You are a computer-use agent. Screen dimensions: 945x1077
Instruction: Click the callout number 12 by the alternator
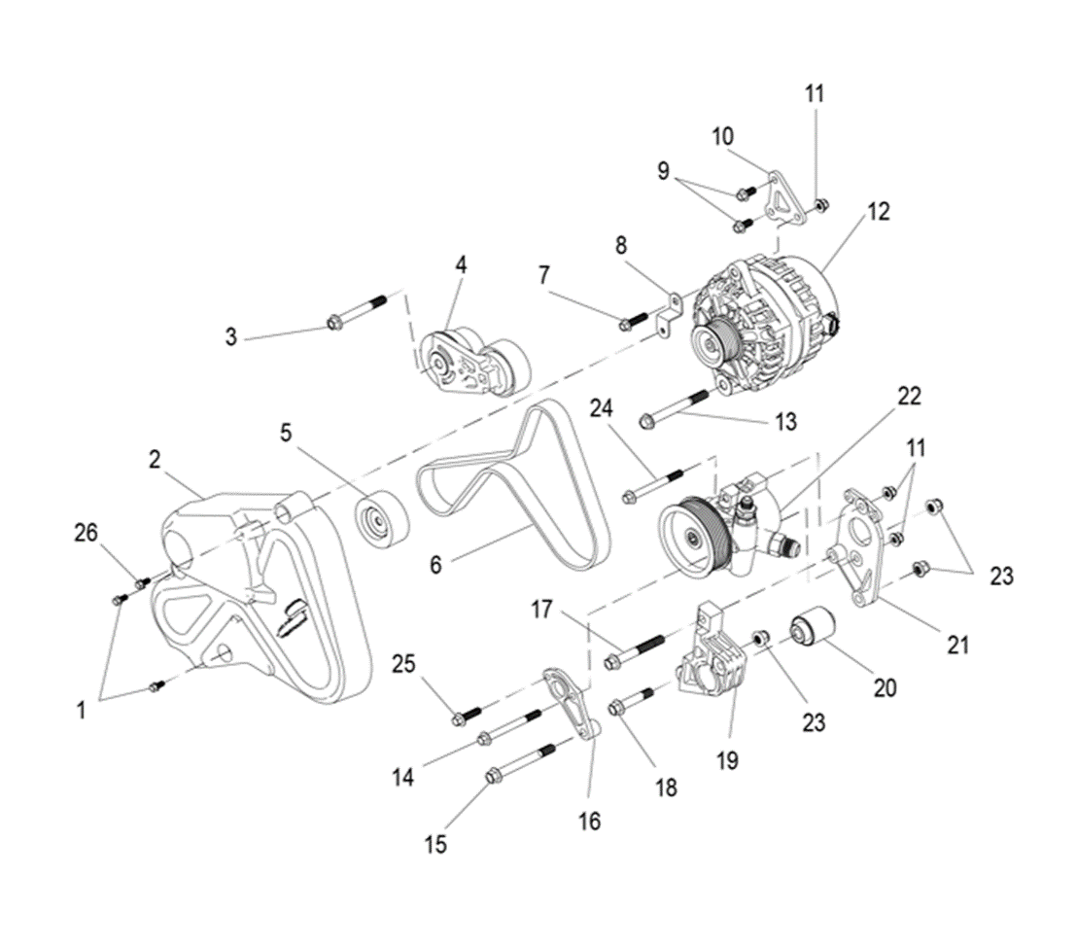point(879,211)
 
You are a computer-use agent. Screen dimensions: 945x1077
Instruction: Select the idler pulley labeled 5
point(380,522)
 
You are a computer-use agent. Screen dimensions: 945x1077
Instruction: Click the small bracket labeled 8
point(668,312)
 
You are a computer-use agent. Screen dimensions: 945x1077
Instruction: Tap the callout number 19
point(728,760)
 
